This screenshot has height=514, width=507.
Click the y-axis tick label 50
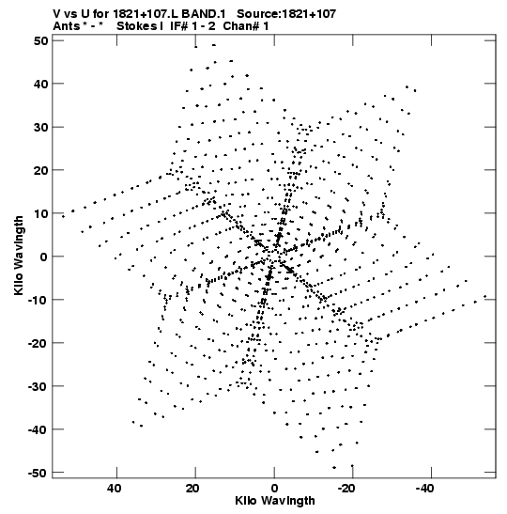[40, 40]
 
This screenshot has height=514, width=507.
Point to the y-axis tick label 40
[40, 84]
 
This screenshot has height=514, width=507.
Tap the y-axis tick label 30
[40, 127]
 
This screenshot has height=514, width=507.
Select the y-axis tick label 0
[44, 257]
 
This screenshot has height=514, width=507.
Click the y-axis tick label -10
[38, 300]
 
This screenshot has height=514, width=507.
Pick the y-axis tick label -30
[38, 386]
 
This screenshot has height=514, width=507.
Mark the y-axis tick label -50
[38, 473]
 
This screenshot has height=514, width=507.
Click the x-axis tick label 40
[114, 489]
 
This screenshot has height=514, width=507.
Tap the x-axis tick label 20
[192, 489]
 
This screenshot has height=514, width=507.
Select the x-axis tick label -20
[346, 489]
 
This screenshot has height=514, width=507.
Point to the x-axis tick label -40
[425, 489]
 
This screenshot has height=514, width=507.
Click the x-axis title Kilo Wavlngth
[275, 501]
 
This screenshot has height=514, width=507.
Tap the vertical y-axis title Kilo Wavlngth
[19, 256]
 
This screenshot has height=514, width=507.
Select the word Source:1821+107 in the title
[286, 14]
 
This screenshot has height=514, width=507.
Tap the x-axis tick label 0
[274, 489]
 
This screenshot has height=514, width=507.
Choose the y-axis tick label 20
[40, 170]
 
